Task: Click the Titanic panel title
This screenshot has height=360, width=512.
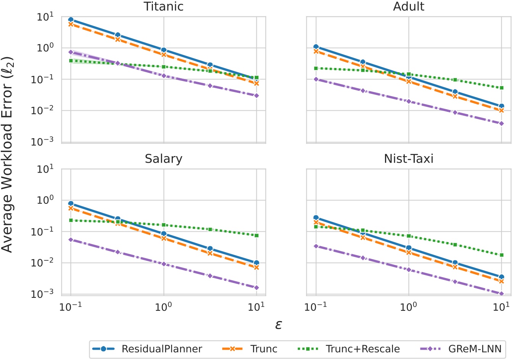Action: pyautogui.click(x=164, y=6)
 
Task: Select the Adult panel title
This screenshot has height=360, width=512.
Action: pyautogui.click(x=409, y=6)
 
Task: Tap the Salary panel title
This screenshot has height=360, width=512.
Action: pyautogui.click(x=164, y=158)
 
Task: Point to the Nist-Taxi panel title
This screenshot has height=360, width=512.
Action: pyautogui.click(x=409, y=158)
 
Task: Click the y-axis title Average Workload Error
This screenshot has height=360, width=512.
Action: pyautogui.click(x=8, y=155)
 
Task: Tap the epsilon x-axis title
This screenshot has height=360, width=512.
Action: pyautogui.click(x=279, y=324)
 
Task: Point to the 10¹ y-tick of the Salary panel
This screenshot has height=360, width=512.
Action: pyautogui.click(x=45, y=169)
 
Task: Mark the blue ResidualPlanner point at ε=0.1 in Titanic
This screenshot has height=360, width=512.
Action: pyautogui.click(x=71, y=19)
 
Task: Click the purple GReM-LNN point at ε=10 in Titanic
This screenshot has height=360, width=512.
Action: pyautogui.click(x=257, y=95)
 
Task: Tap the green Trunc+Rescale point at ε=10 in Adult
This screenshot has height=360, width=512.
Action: pyautogui.click(x=502, y=88)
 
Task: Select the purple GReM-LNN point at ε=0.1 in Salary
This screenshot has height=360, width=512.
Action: pyautogui.click(x=71, y=240)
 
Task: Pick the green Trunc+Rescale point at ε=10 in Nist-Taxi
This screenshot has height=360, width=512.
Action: pyautogui.click(x=502, y=255)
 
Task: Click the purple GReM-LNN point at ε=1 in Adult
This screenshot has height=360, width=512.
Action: pyautogui.click(x=409, y=102)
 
